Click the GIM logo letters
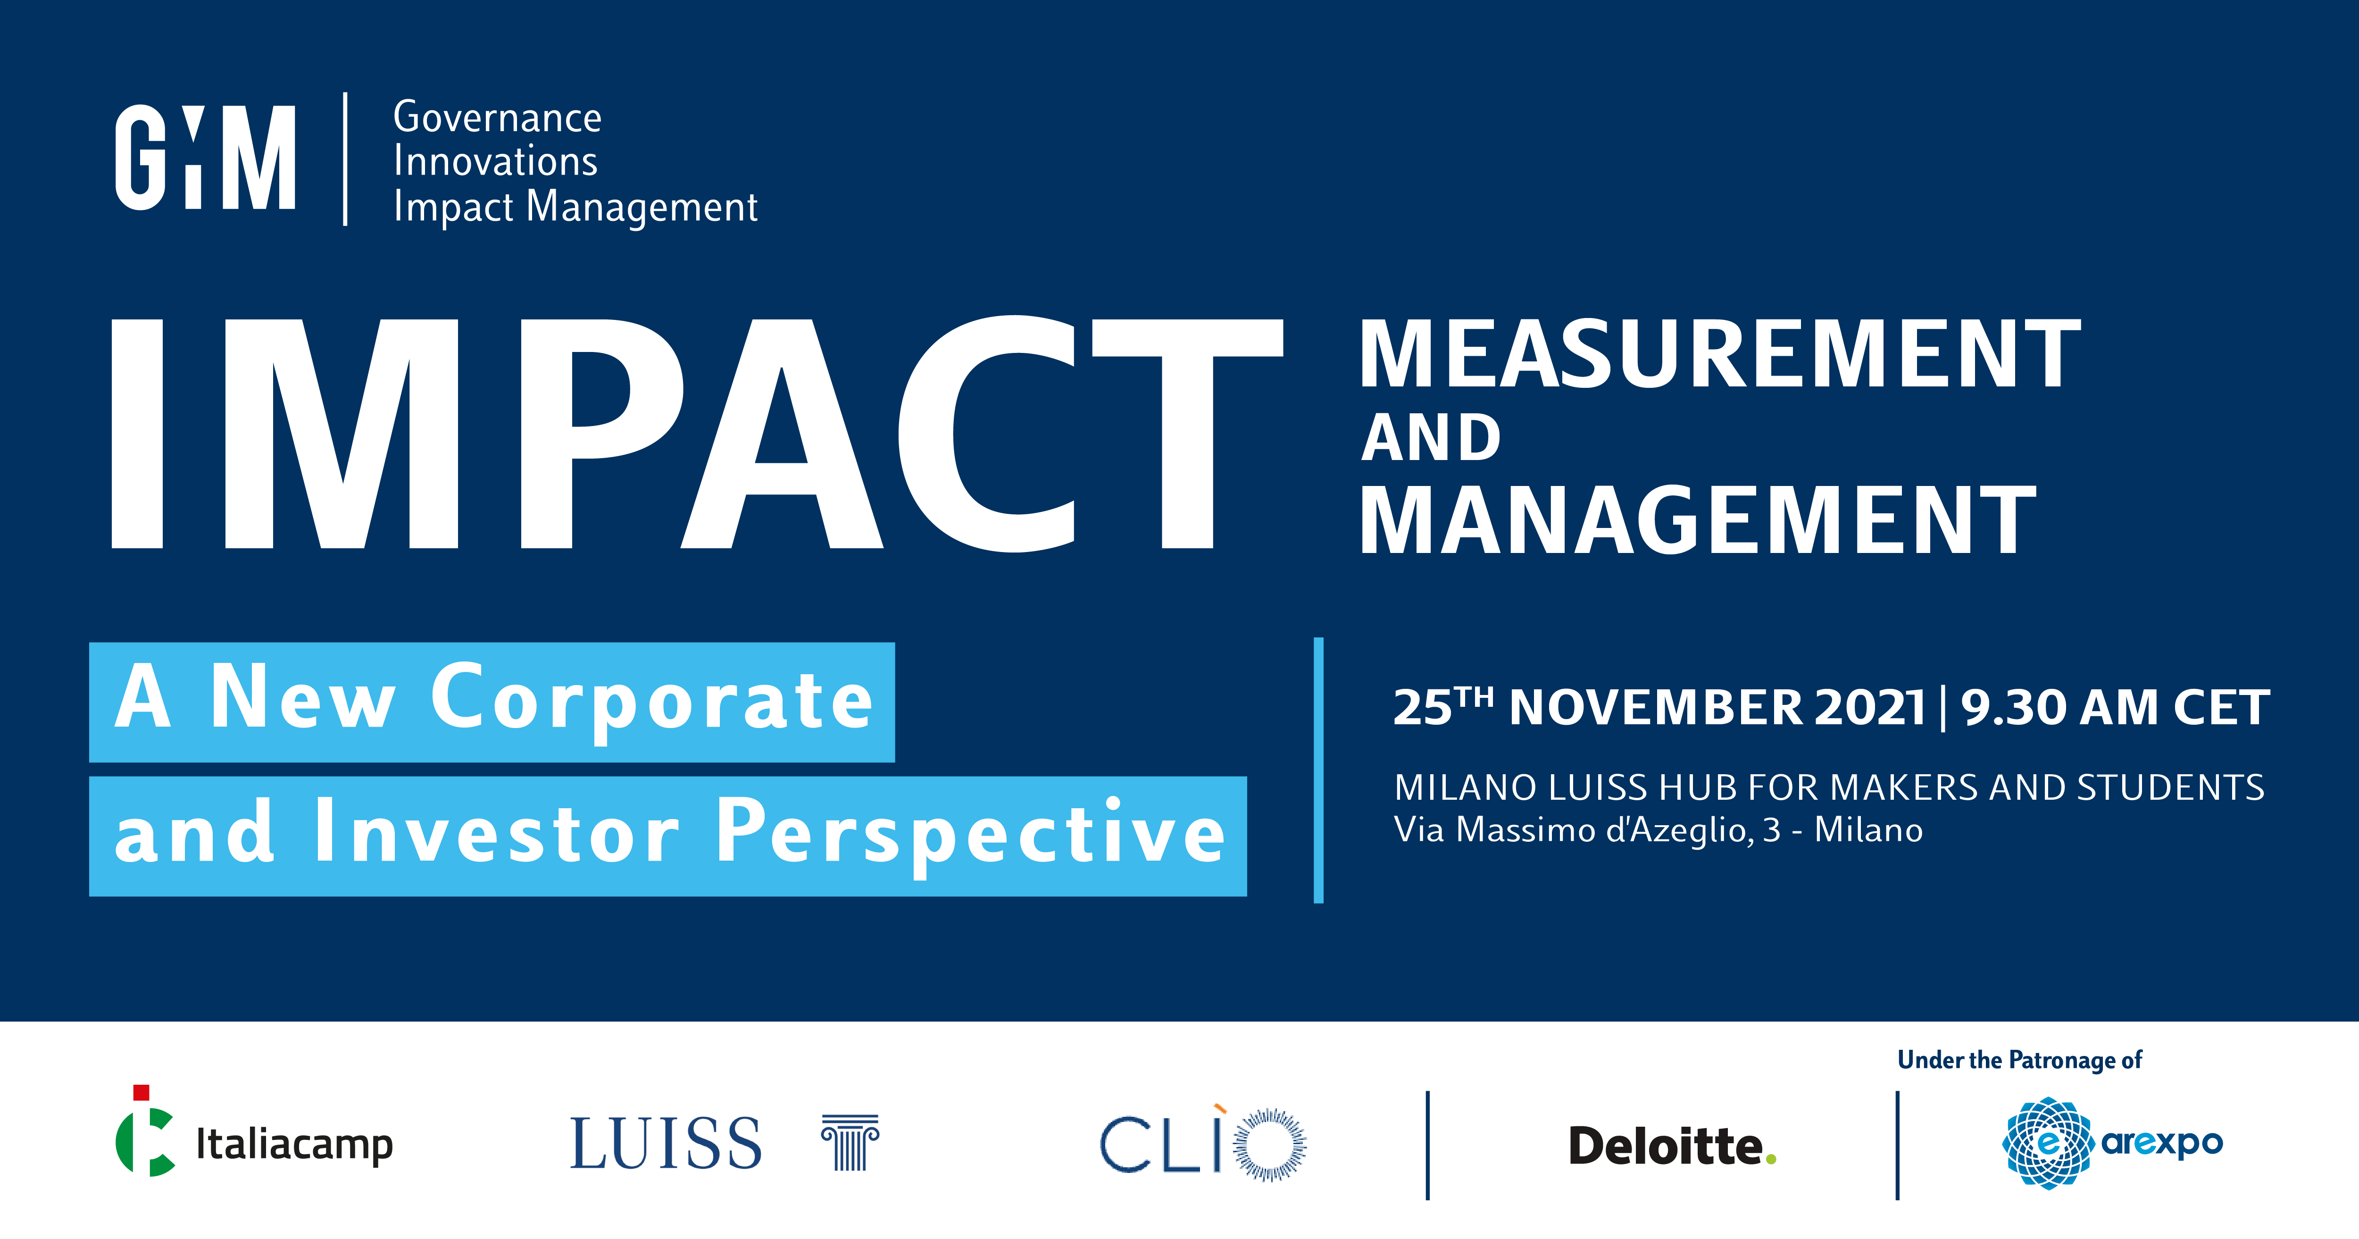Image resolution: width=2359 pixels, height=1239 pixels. (205, 158)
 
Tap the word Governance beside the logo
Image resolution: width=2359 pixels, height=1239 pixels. (497, 117)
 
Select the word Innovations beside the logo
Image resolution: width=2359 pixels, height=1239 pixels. (495, 161)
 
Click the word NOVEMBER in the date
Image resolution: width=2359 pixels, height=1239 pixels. (1656, 708)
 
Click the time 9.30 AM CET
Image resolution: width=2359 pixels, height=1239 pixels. (2116, 708)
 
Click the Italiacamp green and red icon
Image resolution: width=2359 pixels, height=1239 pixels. (145, 1131)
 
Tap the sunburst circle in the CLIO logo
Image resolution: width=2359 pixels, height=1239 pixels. (1269, 1145)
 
